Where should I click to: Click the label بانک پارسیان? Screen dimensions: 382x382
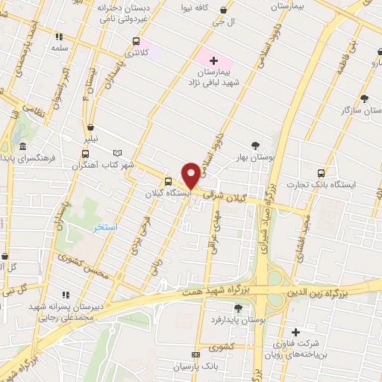[x=193, y=367]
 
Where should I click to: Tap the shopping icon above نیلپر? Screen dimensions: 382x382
[x=90, y=127]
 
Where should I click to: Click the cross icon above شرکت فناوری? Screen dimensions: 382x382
[x=295, y=333]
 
